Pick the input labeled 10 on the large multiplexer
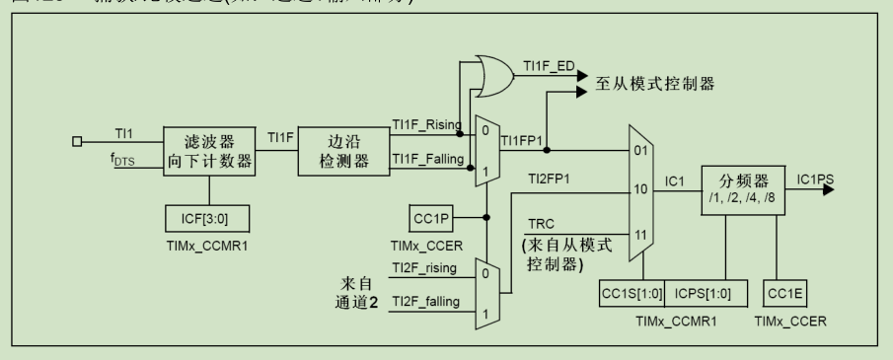[x=639, y=188]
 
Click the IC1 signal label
[x=674, y=181]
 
